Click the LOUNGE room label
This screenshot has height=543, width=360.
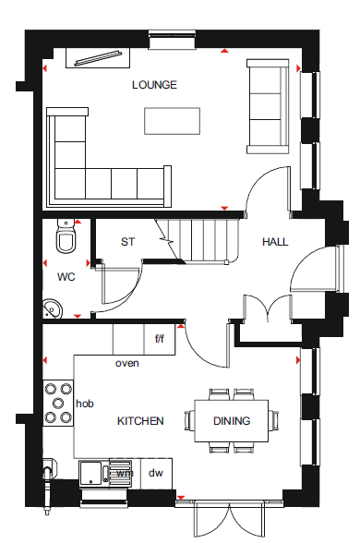click(x=154, y=85)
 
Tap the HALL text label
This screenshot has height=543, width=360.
click(x=275, y=242)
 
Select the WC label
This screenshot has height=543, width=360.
click(x=66, y=277)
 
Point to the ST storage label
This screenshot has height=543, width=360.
click(x=127, y=242)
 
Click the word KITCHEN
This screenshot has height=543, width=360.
click(x=140, y=421)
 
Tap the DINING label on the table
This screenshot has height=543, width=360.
click(x=232, y=421)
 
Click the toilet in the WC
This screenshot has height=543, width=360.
click(x=66, y=235)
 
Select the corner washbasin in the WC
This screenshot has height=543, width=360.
click(x=53, y=308)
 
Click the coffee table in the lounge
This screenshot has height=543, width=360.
click(x=172, y=121)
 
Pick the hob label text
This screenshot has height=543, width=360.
click(x=85, y=404)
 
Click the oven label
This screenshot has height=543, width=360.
click(x=127, y=363)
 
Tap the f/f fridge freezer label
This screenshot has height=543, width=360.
click(x=160, y=339)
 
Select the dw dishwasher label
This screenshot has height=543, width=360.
click(x=155, y=473)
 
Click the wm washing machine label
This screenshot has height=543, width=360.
click(x=125, y=473)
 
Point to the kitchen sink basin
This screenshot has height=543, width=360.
click(x=90, y=474)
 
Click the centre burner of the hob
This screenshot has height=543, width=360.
click(x=58, y=403)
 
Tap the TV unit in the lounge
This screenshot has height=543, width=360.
click(x=98, y=58)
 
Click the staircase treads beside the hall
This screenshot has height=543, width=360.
click(x=203, y=240)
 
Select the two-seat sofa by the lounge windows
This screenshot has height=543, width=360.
click(x=268, y=106)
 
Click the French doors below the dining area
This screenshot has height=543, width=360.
click(x=230, y=519)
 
